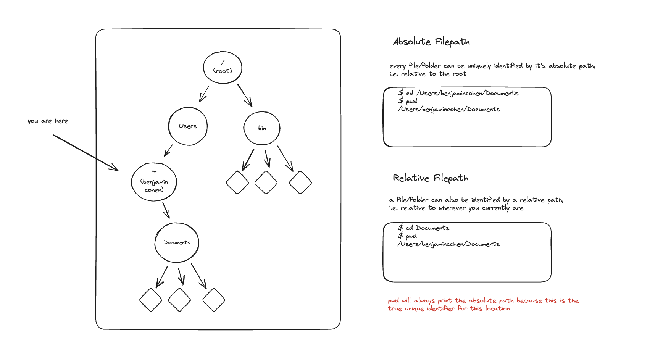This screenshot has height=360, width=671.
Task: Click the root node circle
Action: point(223,68)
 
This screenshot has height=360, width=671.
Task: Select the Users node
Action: point(188,126)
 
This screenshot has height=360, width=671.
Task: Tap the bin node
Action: point(262,128)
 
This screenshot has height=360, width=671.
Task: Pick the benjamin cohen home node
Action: point(154,182)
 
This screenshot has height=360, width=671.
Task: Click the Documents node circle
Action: point(177,242)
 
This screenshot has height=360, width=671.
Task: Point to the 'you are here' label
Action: point(48,121)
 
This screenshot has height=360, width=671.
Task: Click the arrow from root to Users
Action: point(204,94)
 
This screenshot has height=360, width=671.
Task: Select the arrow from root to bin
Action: point(245,95)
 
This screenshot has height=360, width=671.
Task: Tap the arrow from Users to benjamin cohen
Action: point(168,150)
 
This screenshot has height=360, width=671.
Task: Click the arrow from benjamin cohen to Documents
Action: point(166,210)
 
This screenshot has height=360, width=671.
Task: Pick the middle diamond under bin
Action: point(266,182)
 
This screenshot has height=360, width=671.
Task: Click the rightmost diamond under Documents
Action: point(214,300)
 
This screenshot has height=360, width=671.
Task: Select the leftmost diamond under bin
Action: point(237,182)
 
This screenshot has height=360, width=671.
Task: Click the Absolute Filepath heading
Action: point(431,42)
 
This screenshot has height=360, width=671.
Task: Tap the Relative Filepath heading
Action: point(431,178)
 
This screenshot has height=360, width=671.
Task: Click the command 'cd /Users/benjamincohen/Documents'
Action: point(462,93)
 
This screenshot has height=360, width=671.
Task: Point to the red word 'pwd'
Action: point(393,300)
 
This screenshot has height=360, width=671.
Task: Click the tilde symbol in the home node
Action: point(154,172)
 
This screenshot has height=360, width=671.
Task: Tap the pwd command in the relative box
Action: point(411,236)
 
